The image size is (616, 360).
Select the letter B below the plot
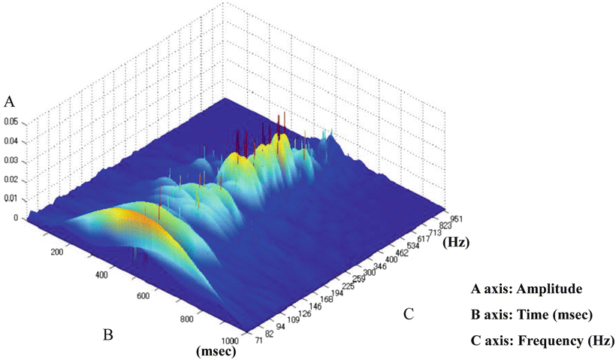click(x=107, y=334)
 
